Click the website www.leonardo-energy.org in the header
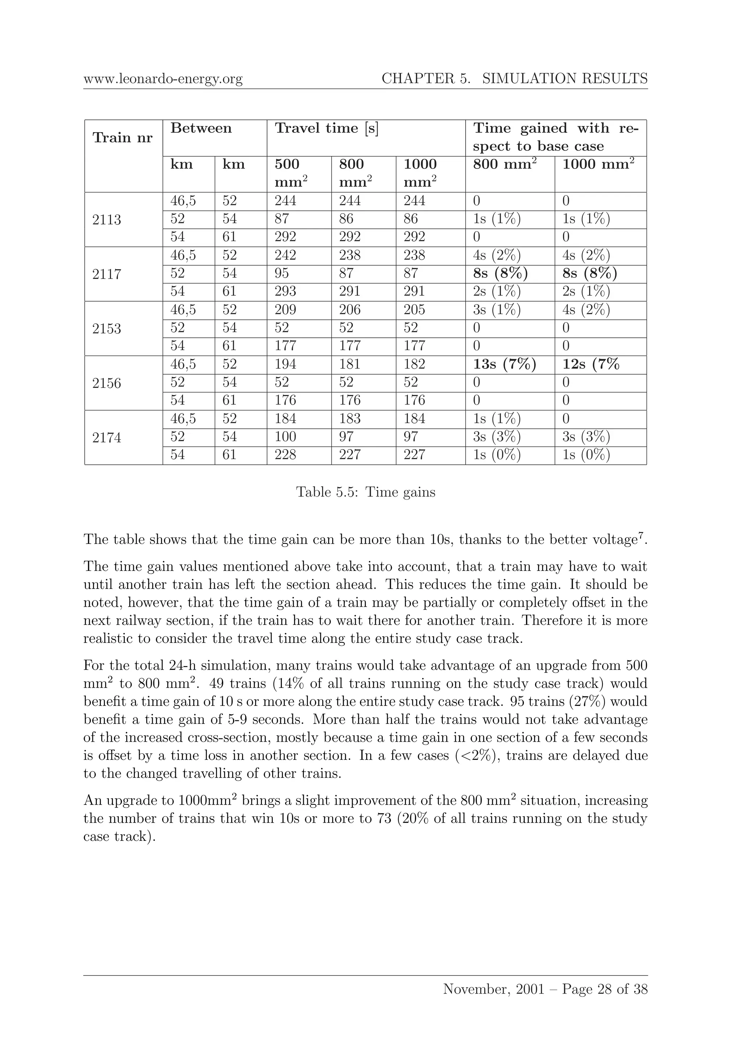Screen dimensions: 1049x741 [163, 79]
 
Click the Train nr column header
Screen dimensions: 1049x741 [122, 138]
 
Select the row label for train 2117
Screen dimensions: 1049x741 [106, 274]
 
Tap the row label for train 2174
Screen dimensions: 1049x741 [106, 438]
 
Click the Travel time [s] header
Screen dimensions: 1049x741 [326, 129]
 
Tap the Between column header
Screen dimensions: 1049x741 [201, 129]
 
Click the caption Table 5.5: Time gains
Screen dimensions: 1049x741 [366, 492]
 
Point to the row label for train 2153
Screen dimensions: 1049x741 [106, 329]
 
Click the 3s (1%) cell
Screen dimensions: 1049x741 [497, 310]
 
